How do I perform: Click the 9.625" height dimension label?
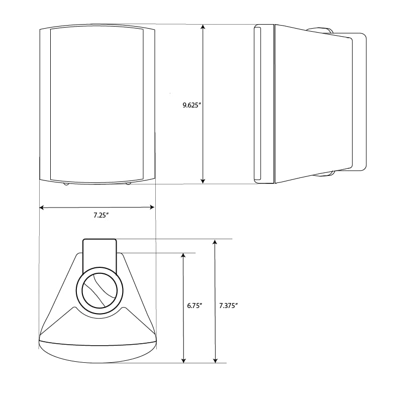click(x=192, y=106)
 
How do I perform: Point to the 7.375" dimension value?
click(x=229, y=306)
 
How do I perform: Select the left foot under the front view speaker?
click(x=66, y=184)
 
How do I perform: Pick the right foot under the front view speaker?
click(x=128, y=183)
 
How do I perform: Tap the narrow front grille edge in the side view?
click(x=257, y=103)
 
